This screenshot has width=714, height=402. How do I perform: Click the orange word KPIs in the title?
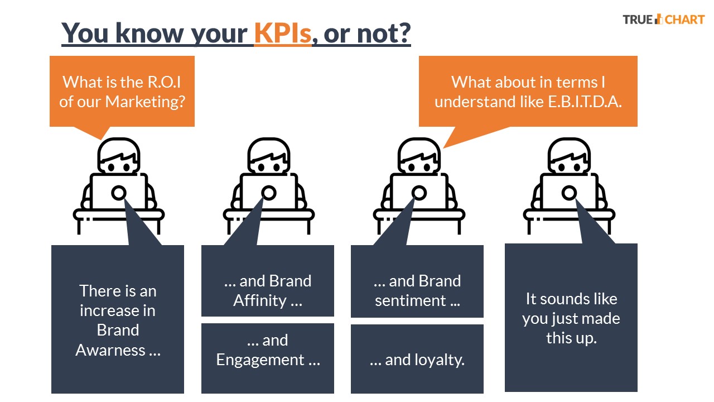pos(282,33)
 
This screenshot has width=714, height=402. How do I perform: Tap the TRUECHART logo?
pos(664,20)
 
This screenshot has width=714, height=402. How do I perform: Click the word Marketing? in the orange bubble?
pos(145,102)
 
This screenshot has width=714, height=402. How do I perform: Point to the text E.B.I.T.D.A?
pos(585,102)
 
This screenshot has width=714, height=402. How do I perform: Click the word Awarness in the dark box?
pos(110,350)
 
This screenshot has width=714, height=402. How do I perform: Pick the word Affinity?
pos(260,300)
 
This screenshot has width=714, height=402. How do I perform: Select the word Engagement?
pos(260,360)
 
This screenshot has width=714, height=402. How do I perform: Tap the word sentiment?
pos(410,300)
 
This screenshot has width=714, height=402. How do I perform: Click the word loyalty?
pos(424,360)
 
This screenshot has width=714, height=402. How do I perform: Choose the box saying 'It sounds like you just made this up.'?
pos(571,318)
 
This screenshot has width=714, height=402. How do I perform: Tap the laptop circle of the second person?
pos(269,193)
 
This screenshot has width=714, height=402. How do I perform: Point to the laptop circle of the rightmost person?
pos(569,193)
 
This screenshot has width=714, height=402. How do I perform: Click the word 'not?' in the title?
pos(384,33)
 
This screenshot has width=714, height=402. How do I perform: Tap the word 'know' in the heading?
pos(149,33)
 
